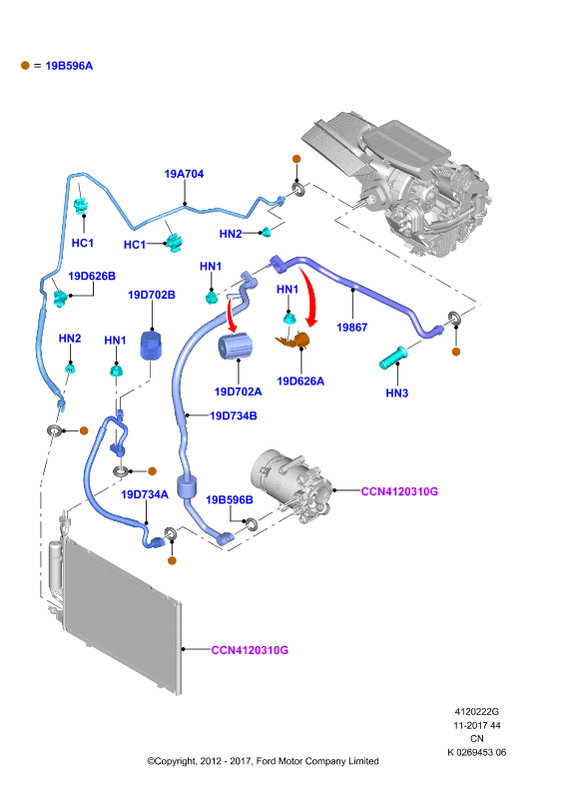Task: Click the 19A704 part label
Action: click(184, 174)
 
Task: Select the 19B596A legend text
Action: click(69, 66)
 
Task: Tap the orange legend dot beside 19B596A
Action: click(25, 65)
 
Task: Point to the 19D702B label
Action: click(152, 295)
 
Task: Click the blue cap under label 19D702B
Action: click(151, 345)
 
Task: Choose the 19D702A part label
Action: click(238, 392)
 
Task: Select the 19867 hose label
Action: click(352, 328)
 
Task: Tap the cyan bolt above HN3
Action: click(392, 358)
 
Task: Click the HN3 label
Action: click(397, 393)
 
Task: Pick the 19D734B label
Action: click(234, 415)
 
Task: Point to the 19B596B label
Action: click(230, 500)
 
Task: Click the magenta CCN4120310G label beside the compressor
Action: click(399, 491)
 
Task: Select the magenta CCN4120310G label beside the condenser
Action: click(250, 650)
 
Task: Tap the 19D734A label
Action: click(145, 494)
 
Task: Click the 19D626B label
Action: click(92, 277)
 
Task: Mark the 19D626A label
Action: click(300, 382)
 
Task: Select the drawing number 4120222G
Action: click(477, 711)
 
